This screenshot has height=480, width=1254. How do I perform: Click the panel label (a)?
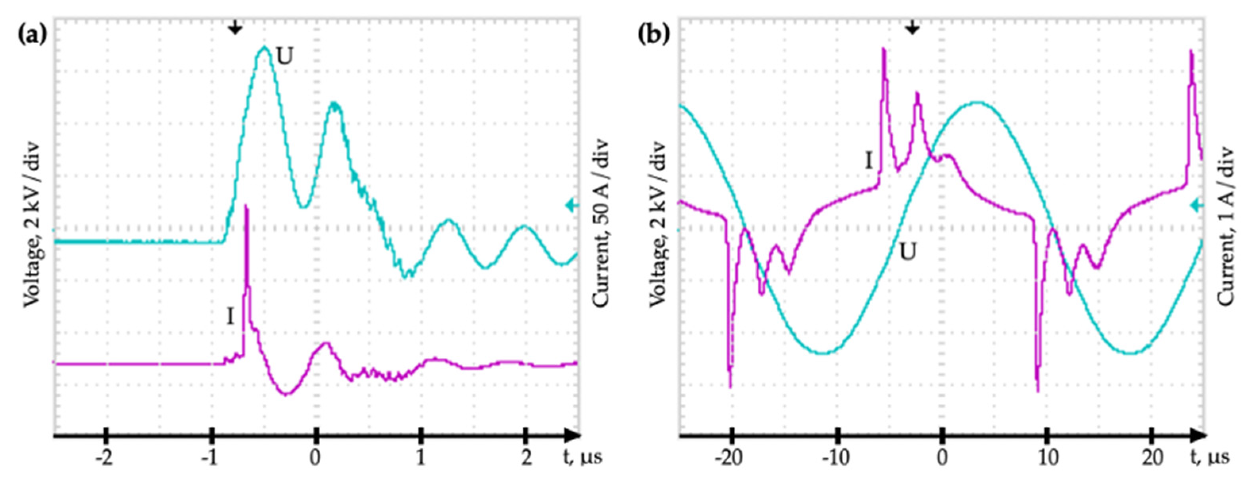[x=32, y=35]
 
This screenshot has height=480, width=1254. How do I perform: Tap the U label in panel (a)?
[x=285, y=57]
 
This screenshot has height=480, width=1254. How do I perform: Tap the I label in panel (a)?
[x=230, y=317]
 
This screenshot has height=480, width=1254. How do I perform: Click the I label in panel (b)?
[x=868, y=160]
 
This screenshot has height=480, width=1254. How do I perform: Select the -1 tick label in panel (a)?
[x=209, y=458]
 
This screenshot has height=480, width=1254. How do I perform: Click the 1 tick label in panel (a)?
[x=421, y=458]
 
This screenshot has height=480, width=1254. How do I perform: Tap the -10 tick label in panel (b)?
[x=835, y=458]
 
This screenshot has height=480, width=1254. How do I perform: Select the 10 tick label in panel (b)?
[x=1048, y=458]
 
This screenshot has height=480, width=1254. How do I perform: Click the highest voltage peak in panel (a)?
[x=264, y=48]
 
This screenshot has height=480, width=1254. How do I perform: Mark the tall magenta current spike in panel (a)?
[x=246, y=209]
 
